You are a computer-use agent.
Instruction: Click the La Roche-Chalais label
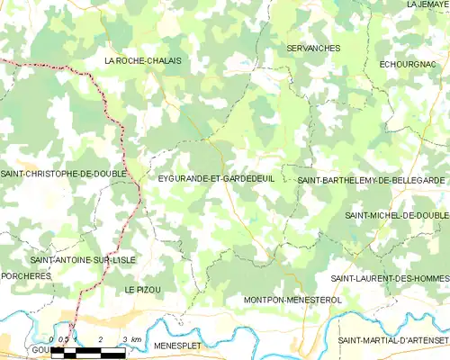(x=143, y=60)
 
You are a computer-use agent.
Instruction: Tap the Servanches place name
(x=312, y=47)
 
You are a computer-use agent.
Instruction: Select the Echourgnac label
(x=409, y=65)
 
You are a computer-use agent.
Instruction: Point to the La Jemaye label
(x=427, y=4)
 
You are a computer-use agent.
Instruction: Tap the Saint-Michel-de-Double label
(x=396, y=216)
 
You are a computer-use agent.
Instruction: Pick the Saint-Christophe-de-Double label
(x=63, y=173)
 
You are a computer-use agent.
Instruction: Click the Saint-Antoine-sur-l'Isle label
(x=83, y=259)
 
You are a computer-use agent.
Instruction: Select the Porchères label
(x=26, y=276)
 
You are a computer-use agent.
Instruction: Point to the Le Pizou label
(x=142, y=289)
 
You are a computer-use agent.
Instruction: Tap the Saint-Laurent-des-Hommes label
(x=389, y=278)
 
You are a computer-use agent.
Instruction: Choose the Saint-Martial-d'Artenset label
(x=392, y=339)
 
